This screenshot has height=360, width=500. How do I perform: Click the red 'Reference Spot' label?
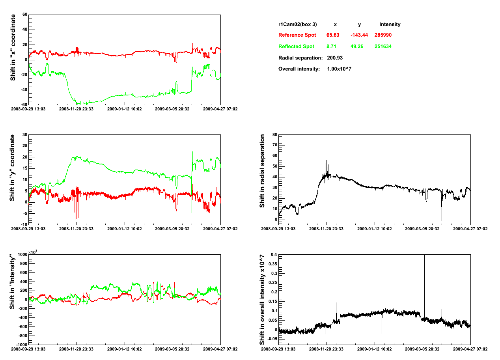tap(297, 35)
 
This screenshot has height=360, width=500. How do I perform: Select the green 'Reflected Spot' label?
tap(296, 47)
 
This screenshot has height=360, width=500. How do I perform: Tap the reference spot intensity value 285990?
tap(383, 35)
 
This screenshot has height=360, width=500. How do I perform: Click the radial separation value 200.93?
tap(335, 58)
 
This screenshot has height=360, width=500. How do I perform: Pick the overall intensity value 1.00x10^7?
tap(339, 69)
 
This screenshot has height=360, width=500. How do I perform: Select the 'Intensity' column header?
tap(390, 24)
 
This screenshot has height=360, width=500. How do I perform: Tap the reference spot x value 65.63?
tap(333, 35)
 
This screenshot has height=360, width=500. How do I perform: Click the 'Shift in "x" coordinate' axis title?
tap(13, 47)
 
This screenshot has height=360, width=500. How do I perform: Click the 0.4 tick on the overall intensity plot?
tap(273, 255)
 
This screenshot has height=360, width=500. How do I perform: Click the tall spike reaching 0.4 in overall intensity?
tap(424, 276)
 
